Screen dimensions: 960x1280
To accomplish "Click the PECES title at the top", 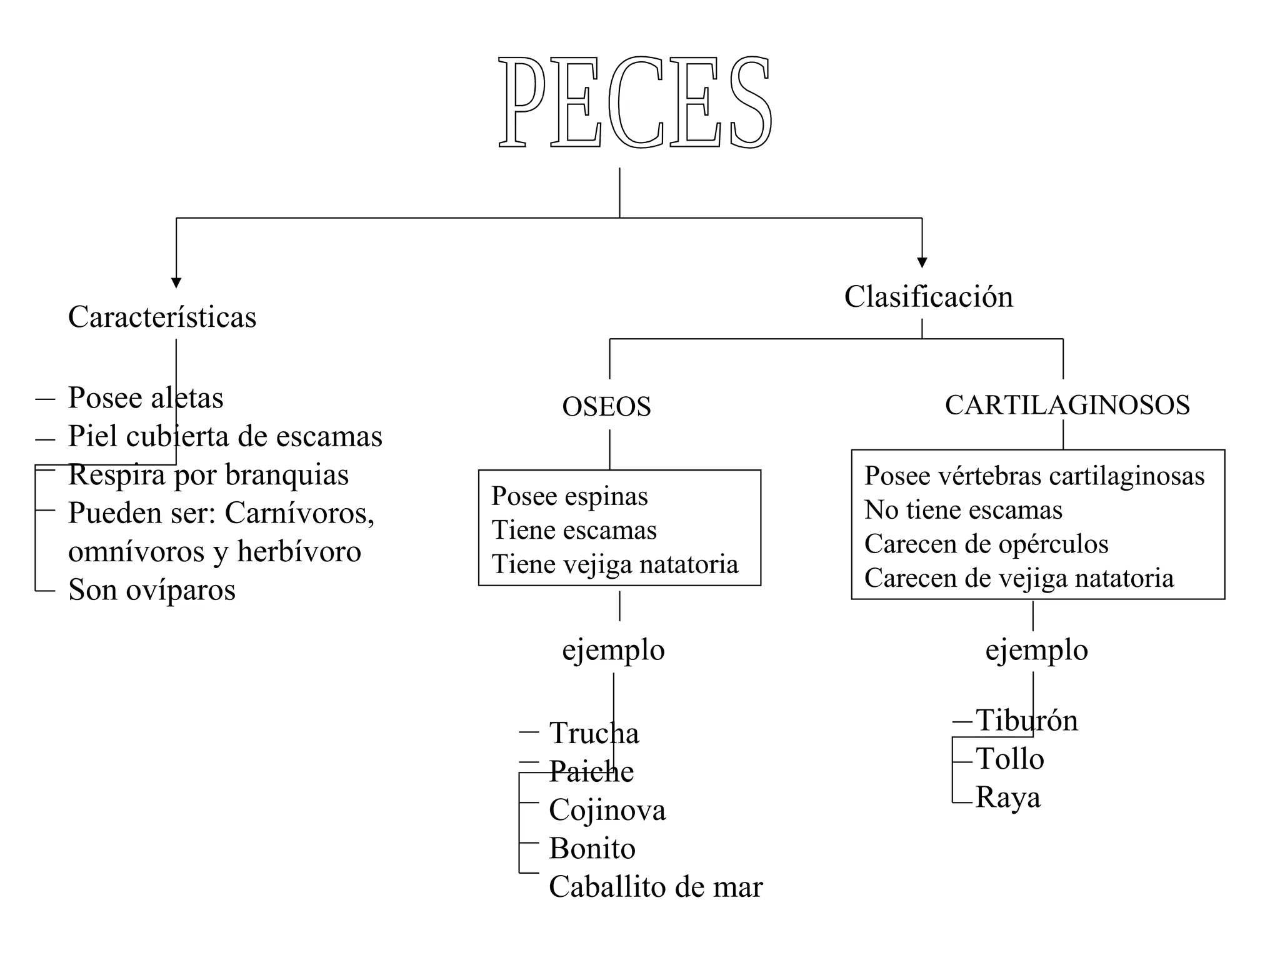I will coord(635,102).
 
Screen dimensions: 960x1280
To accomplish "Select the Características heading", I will coord(162,317).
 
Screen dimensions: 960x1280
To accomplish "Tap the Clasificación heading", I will coord(928,296).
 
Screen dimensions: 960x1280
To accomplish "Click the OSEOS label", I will coord(606,407).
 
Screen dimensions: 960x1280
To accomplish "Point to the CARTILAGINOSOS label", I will coord(1067,405).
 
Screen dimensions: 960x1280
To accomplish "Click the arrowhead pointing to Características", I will coord(176,282).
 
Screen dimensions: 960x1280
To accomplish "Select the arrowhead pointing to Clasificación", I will coord(922,262).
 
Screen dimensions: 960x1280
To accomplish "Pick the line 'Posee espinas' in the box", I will coord(569,496).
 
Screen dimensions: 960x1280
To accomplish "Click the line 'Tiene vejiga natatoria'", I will coord(614,564).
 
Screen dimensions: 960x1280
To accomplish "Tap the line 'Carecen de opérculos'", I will coord(986,544).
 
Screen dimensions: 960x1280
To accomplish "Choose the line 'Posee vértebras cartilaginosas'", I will coord(1034,476).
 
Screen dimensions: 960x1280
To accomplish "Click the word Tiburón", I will coord(1026,721).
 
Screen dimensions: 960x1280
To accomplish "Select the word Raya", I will coord(1007,797).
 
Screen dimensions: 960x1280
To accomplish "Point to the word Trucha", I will coord(594,733).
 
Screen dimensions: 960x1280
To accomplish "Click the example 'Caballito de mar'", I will coord(656,887).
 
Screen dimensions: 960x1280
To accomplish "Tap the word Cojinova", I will coord(607,810).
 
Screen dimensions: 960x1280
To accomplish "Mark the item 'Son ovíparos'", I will coord(152,589).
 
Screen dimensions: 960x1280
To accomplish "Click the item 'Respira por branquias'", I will coord(208,474).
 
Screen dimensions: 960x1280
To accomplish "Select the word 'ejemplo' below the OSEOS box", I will coord(613,650).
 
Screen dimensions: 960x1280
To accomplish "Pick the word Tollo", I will coord(1009,759).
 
